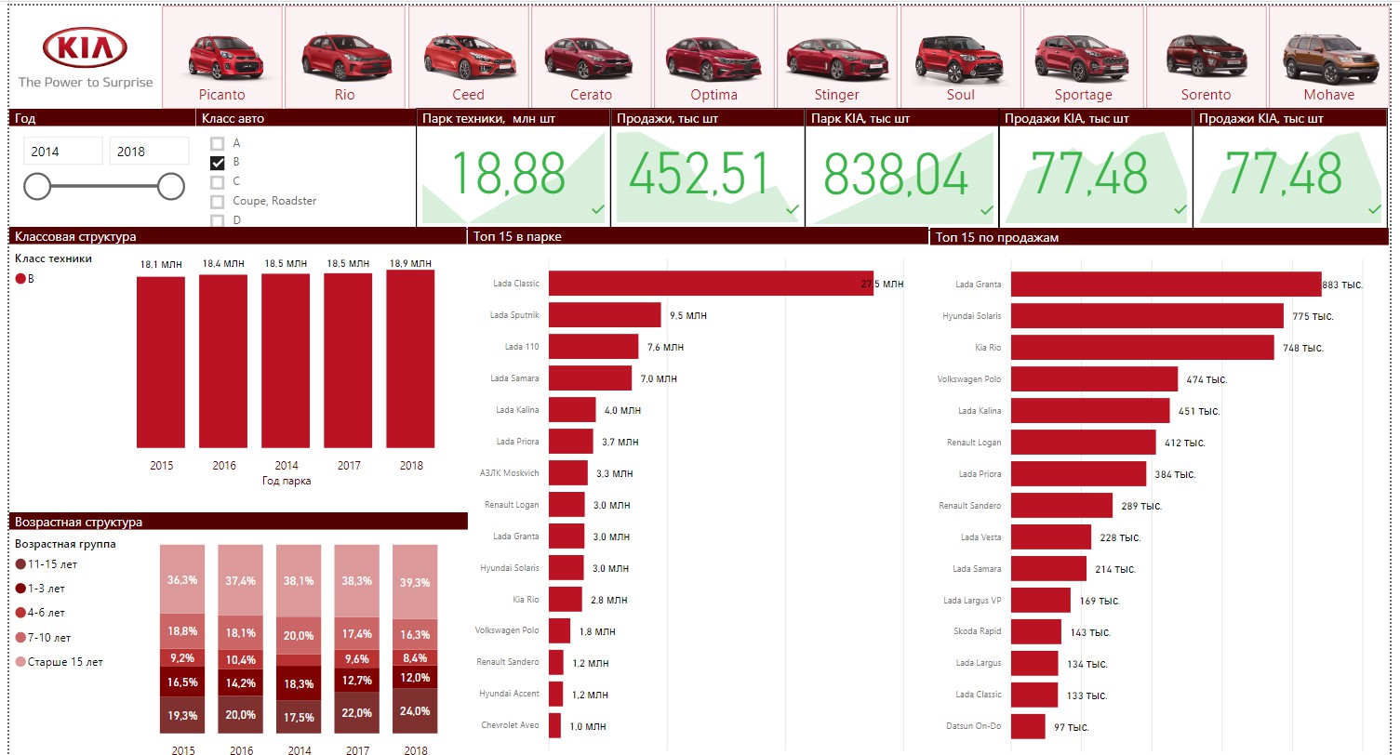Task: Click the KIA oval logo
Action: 85,47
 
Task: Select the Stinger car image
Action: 837,60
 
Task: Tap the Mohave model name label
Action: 1328,94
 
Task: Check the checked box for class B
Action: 217,163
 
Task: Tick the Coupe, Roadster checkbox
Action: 217,201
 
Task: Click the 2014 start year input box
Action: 62,152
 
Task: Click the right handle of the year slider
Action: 170,186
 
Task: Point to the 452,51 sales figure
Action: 699,173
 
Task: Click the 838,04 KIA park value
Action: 896,174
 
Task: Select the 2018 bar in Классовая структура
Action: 410,359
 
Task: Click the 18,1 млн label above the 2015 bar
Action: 161,264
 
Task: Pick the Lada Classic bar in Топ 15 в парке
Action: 711,283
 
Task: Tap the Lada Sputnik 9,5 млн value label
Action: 688,315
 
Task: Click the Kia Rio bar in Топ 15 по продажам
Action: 1142,347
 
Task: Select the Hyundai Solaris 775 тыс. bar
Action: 1147,316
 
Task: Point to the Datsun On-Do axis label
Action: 974,725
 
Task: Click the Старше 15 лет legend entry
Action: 59,661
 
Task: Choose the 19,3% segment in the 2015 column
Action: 182,714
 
